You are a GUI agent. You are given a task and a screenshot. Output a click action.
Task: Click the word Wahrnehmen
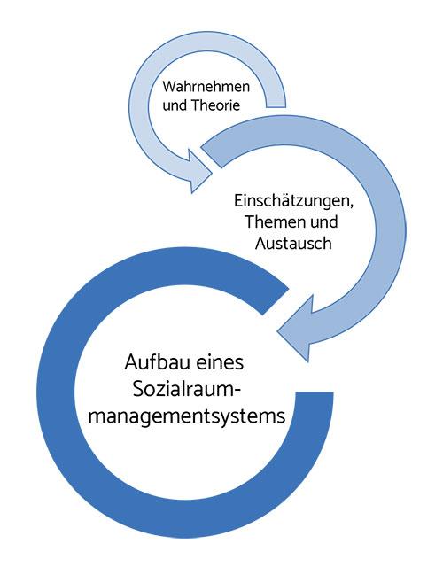[206, 87]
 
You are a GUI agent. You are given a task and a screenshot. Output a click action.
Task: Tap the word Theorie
[215, 105]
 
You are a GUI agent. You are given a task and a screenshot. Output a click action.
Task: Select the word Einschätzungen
[292, 201]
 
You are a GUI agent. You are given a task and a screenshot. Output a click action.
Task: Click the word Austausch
[293, 243]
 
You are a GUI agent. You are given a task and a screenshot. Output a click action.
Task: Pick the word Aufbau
[157, 362]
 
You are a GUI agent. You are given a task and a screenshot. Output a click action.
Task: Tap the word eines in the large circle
[221, 362]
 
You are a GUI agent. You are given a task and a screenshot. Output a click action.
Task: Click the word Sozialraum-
[187, 390]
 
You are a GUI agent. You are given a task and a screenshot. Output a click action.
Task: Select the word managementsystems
[187, 416]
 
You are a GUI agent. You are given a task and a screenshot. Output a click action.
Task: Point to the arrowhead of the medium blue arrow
[295, 329]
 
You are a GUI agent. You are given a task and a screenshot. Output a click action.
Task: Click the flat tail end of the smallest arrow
[276, 107]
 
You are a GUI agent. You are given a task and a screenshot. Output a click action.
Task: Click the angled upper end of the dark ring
[276, 301]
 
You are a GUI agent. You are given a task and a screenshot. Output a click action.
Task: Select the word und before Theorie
[175, 105]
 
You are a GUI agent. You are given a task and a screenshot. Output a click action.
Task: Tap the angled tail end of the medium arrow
[211, 157]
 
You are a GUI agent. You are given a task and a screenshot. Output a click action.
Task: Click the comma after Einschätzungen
[352, 206]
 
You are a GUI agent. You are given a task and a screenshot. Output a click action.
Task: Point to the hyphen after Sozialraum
[237, 392]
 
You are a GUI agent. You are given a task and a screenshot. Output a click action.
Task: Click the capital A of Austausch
[261, 243]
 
